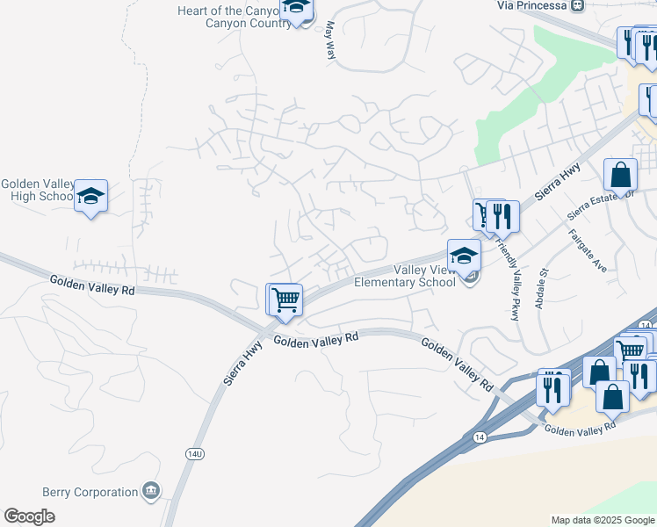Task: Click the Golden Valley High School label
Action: (x=37, y=191)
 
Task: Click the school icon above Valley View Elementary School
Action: (x=464, y=256)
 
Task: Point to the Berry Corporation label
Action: (x=90, y=493)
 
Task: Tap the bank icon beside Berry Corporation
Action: (x=151, y=490)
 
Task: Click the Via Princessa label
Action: (x=531, y=5)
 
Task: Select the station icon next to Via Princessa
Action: (x=577, y=5)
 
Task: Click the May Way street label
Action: (x=331, y=41)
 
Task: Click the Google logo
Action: (x=29, y=516)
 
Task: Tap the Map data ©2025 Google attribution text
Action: (x=602, y=520)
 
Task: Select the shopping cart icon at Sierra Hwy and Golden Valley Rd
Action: (x=285, y=300)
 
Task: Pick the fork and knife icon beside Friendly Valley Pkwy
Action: (x=502, y=216)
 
